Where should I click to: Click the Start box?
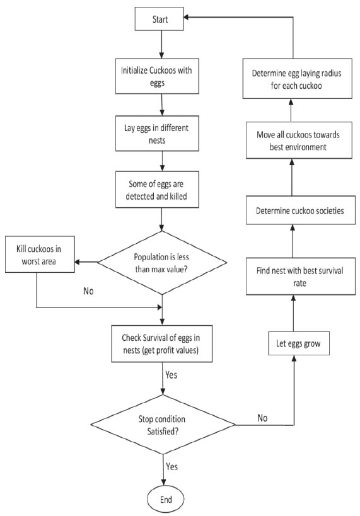pyautogui.click(x=159, y=19)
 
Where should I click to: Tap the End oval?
pyautogui.click(x=165, y=499)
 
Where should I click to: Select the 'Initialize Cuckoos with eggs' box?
pyautogui.click(x=157, y=76)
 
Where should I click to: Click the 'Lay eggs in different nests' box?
pyautogui.click(x=157, y=134)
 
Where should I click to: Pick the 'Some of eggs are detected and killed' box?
pyautogui.click(x=157, y=190)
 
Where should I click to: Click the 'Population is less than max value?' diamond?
pyautogui.click(x=162, y=263)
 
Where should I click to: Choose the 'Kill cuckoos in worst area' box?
pyautogui.click(x=40, y=254)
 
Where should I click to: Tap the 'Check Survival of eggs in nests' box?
pyautogui.click(x=162, y=344)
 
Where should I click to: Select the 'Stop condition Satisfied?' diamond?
pyautogui.click(x=163, y=425)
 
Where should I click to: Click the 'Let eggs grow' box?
pyautogui.click(x=299, y=343)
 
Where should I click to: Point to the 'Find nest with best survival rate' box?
pyautogui.click(x=300, y=276)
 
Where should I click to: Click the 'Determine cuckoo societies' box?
pyautogui.click(x=300, y=210)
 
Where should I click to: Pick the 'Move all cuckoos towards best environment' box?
pyautogui.click(x=299, y=140)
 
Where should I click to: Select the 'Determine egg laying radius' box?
pyautogui.click(x=297, y=79)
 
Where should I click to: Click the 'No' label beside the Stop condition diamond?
pyautogui.click(x=262, y=418)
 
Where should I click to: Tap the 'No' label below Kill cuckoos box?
pyautogui.click(x=88, y=291)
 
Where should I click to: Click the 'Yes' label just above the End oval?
pyautogui.click(x=171, y=466)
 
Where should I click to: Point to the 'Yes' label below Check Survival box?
pyautogui.click(x=171, y=375)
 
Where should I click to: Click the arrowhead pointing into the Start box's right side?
pyautogui.click(x=186, y=17)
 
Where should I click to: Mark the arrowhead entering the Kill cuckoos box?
pyautogui.click(x=78, y=262)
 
